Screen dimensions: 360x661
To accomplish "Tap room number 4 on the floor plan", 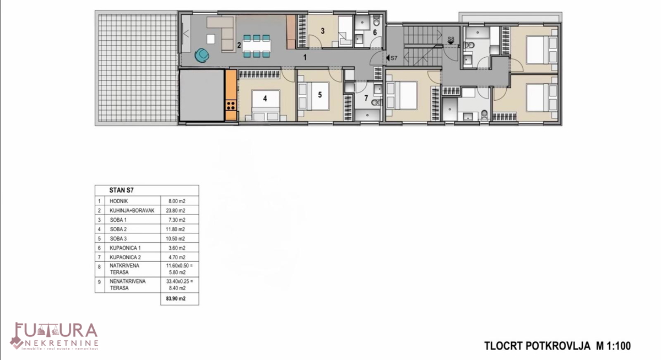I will point(265,99).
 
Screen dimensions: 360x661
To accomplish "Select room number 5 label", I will point(319,95).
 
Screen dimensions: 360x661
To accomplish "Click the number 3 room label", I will point(323,31).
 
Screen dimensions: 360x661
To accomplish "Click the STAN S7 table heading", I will point(122,190).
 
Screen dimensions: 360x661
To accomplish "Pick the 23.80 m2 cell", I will point(176,210).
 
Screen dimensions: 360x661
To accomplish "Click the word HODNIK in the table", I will point(118,201).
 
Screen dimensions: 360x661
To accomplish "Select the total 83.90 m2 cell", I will point(176,299).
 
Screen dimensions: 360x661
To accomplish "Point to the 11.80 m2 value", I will point(176,229).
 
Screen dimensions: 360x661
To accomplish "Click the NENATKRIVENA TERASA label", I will point(127,285).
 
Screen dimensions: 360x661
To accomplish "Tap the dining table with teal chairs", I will point(257,46).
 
